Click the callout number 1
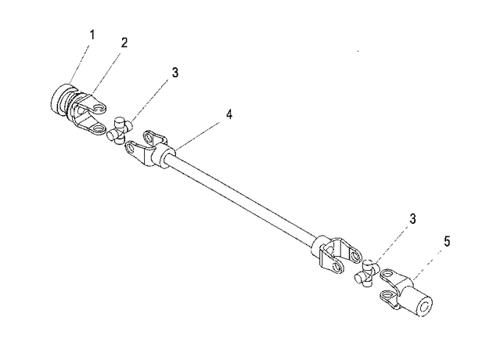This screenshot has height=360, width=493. [x=92, y=35]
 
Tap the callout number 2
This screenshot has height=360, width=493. [x=124, y=43]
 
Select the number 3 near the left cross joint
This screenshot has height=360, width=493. [x=175, y=72]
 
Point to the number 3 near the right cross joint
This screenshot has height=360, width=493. [x=412, y=219]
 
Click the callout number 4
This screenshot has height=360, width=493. [x=229, y=114]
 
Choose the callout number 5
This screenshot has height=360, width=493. [x=447, y=242]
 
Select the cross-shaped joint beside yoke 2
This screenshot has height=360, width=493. [x=119, y=131]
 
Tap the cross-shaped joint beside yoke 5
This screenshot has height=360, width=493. [x=367, y=273]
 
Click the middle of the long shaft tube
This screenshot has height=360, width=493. [x=242, y=196]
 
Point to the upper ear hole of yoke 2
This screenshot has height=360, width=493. [x=99, y=109]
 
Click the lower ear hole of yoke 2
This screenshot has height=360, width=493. [x=99, y=128]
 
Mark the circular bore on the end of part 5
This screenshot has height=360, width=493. [x=424, y=305]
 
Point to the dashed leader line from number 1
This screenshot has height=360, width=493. [x=80, y=63]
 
